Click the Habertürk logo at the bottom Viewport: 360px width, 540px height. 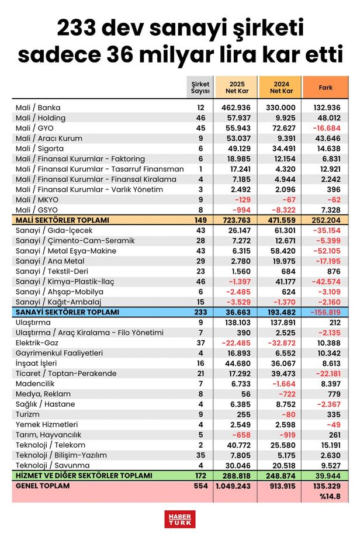[179, 518]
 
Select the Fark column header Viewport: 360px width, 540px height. [326, 88]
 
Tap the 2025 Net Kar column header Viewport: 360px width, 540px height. [236, 88]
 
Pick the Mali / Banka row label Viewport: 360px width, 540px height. [38, 108]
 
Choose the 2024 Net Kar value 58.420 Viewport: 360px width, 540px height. [281, 251]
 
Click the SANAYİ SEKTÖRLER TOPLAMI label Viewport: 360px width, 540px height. [68, 312]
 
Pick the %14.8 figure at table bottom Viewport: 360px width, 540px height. [330, 496]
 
